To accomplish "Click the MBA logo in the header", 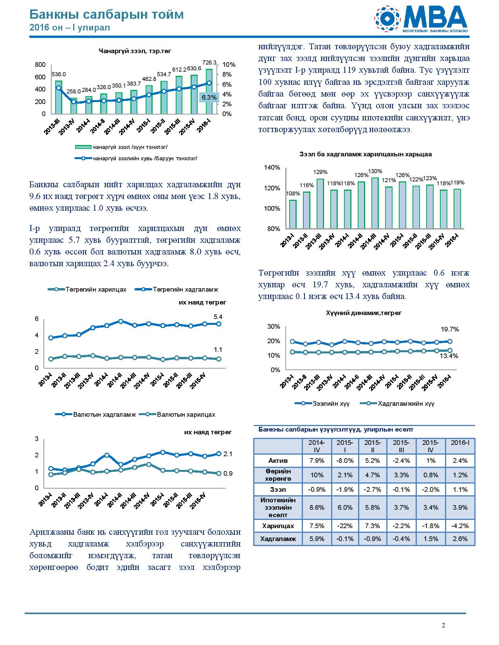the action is (x=421, y=19).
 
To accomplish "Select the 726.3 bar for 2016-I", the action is (x=209, y=91).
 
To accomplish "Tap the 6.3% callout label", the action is (x=209, y=97).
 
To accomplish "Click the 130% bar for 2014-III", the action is (x=375, y=203).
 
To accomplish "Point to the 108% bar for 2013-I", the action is (x=293, y=214).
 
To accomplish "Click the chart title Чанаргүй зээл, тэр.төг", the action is (x=135, y=51).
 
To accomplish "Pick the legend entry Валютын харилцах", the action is (x=177, y=414).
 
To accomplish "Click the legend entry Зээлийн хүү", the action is (x=322, y=403).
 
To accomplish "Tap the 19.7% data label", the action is (x=450, y=329).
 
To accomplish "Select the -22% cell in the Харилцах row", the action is (x=345, y=526).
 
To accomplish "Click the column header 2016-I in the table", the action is (x=460, y=443).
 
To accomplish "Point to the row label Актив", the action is (x=278, y=460).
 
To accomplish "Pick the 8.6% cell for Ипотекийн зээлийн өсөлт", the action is (x=317, y=507).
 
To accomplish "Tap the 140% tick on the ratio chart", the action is (x=272, y=167).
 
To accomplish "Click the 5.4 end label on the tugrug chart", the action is (x=218, y=317).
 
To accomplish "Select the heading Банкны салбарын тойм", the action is (x=106, y=14).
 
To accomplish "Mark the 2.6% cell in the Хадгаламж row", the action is (x=460, y=539).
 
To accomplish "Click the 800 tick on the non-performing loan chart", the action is (x=40, y=64).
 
